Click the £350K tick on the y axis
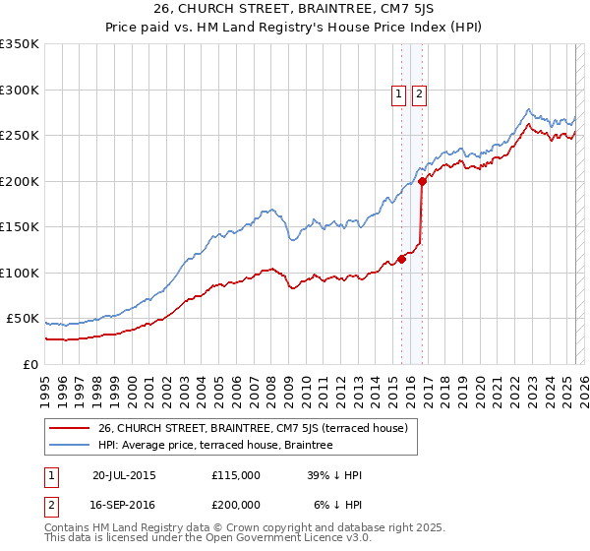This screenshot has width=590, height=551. (21, 44)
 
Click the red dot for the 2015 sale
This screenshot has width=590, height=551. (401, 259)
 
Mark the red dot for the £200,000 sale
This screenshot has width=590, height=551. (422, 181)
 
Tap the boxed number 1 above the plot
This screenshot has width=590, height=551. (399, 94)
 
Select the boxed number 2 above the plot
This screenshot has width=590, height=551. (419, 94)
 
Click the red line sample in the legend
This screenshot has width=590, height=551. (68, 428)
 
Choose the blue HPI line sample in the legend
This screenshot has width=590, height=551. (68, 445)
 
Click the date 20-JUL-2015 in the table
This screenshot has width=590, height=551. (124, 475)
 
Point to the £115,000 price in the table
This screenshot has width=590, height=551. (236, 475)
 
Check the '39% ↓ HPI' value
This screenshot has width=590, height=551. (335, 475)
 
